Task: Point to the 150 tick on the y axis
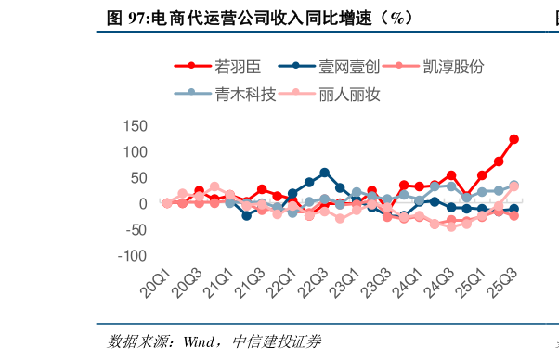136,125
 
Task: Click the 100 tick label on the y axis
136,151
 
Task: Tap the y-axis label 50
139,177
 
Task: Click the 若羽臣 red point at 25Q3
513,139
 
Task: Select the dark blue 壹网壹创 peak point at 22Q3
324,173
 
